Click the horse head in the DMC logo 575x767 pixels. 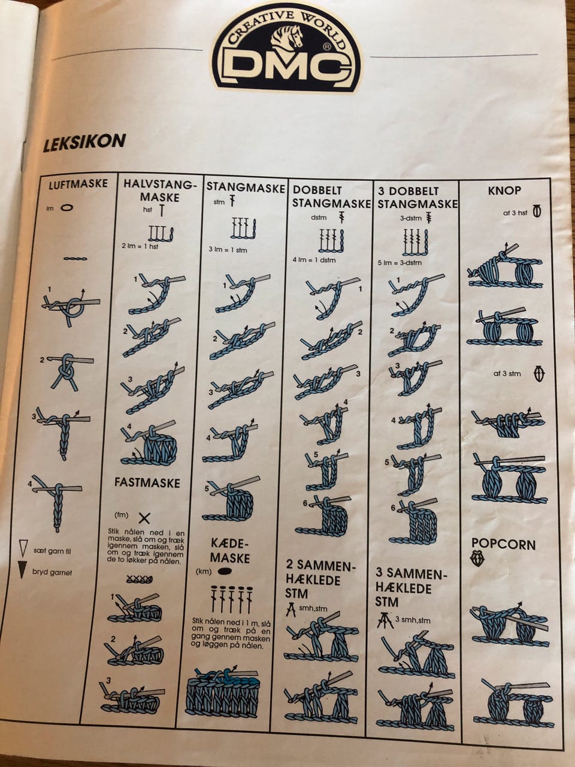[288, 39]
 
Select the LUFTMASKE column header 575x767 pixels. [78, 184]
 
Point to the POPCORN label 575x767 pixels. [504, 545]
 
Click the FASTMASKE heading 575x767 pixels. [147, 483]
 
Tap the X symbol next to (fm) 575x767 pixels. [144, 518]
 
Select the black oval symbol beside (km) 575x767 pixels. [225, 570]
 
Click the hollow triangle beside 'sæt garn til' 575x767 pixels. [23, 549]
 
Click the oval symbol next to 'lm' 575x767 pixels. [67, 208]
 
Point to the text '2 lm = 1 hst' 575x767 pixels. [140, 246]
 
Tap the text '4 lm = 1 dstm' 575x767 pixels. [314, 260]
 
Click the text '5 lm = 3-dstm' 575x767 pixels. [400, 262]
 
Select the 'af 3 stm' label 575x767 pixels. [507, 373]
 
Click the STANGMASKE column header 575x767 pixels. [246, 188]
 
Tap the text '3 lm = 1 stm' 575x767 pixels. [228, 250]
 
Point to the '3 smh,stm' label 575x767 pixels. [413, 620]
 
